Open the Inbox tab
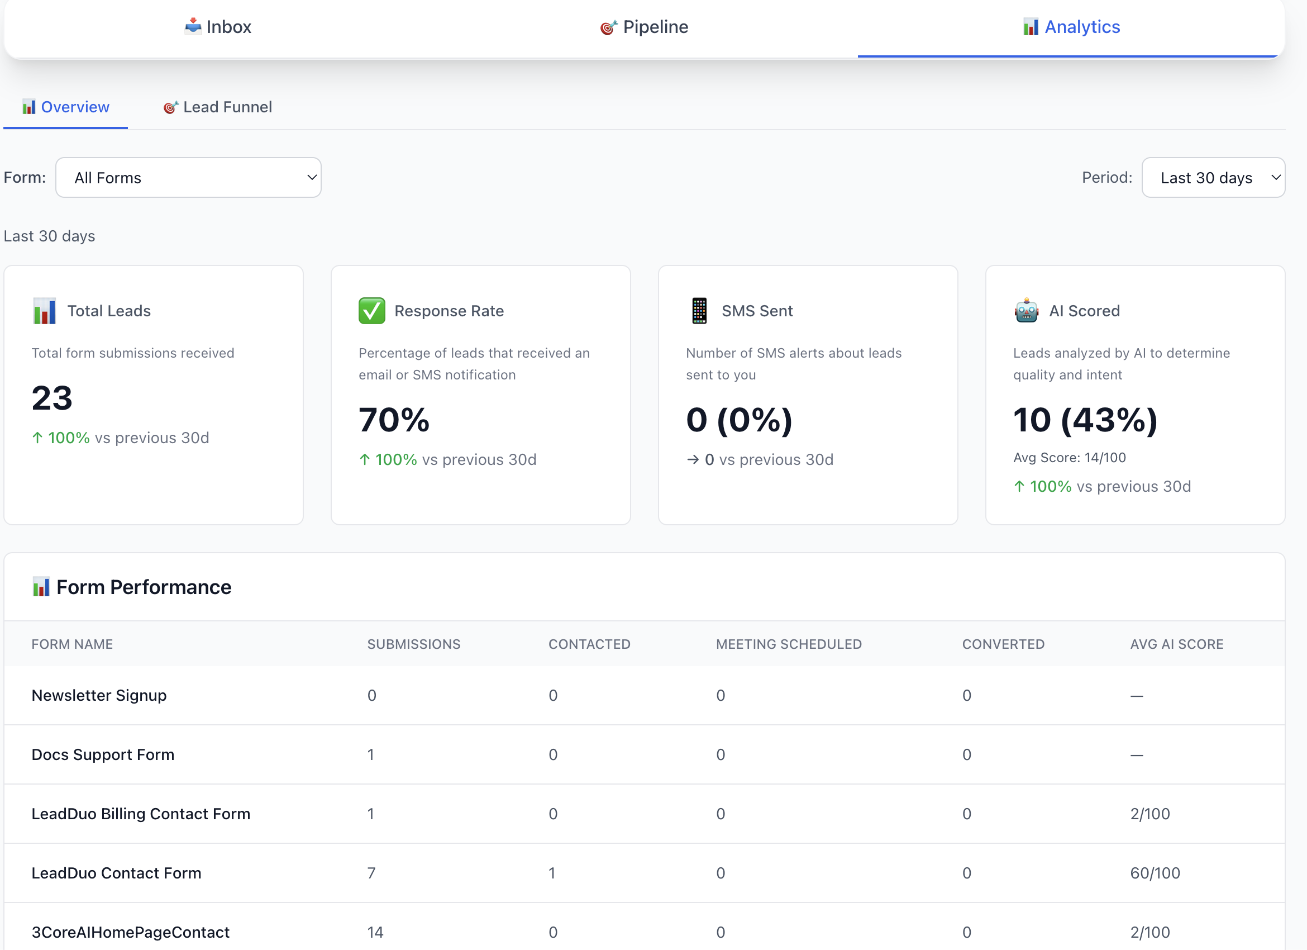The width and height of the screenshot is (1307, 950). (x=218, y=27)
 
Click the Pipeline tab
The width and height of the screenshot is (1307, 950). (x=644, y=27)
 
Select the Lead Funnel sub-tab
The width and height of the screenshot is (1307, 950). (x=218, y=107)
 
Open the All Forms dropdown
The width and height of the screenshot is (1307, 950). (x=188, y=178)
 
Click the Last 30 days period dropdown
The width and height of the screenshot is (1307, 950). (x=1213, y=178)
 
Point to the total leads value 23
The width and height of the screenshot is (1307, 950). (x=52, y=398)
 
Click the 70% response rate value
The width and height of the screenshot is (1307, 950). (x=394, y=420)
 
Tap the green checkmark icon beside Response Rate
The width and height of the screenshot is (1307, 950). (x=371, y=311)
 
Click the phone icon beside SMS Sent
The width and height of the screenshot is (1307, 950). (x=699, y=311)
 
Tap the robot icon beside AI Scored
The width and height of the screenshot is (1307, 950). (x=1027, y=311)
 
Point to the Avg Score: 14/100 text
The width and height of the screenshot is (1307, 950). (x=1070, y=458)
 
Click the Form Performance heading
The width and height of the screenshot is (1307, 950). (x=144, y=587)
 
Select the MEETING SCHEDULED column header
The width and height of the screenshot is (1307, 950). (x=788, y=644)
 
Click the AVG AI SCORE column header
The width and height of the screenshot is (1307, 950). (x=1177, y=644)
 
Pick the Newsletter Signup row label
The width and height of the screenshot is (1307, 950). (x=99, y=695)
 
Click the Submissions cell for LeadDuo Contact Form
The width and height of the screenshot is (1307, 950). (x=371, y=873)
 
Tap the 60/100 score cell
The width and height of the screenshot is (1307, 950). (x=1155, y=873)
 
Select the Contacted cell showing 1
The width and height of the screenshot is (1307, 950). (x=552, y=873)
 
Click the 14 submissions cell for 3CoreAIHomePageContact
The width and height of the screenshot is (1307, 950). (x=375, y=932)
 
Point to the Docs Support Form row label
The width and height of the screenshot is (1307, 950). (x=103, y=754)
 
